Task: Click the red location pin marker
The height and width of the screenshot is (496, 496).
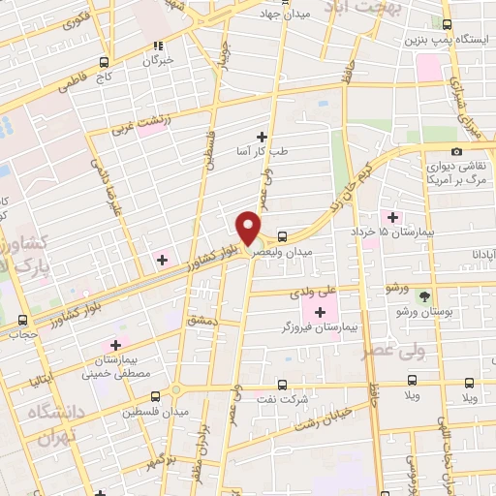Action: pos(249,229)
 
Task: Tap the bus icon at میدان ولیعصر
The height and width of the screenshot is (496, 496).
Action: pos(282,235)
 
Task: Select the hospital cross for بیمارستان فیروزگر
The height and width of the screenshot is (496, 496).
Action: pos(321,310)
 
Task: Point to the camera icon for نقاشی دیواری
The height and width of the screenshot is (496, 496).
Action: pos(457,150)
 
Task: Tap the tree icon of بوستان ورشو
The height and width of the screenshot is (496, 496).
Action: pos(423,296)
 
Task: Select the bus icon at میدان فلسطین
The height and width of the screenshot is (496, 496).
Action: pos(156,395)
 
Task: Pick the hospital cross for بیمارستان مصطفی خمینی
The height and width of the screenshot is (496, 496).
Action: pos(116,344)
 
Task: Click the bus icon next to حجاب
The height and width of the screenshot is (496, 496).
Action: pos(23,321)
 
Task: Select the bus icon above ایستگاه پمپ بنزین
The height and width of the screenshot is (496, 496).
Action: pos(446,25)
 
